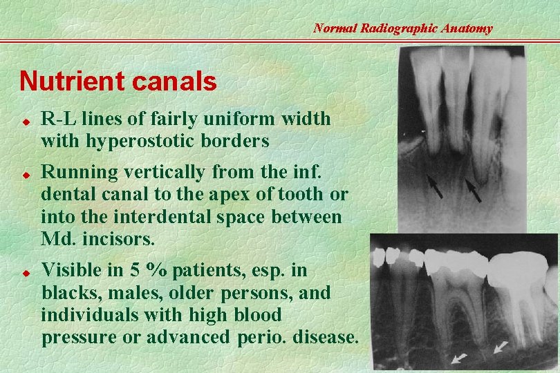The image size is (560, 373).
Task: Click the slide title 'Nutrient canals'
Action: (x=118, y=82)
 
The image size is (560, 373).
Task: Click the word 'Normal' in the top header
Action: (x=335, y=28)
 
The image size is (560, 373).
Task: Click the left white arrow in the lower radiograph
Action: (x=458, y=358)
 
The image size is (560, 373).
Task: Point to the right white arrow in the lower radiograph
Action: (x=501, y=347)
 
